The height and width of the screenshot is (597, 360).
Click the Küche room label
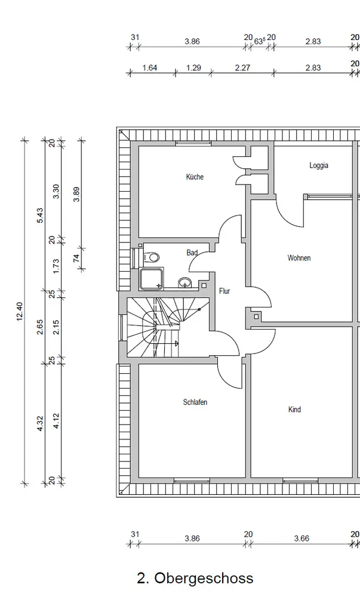[195, 177]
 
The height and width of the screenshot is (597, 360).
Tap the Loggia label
[319, 165]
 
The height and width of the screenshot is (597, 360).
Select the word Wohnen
[299, 258]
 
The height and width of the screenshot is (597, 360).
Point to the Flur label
[224, 291]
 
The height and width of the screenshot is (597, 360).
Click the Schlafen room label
[195, 402]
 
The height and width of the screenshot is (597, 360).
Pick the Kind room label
[294, 410]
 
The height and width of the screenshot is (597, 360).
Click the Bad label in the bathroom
[192, 253]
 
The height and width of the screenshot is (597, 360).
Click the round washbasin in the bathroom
[186, 282]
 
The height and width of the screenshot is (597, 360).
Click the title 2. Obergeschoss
[195, 578]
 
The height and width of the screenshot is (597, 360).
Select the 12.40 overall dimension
[20, 312]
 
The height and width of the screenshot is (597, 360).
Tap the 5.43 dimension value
[40, 215]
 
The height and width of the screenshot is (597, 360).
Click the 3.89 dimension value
[76, 195]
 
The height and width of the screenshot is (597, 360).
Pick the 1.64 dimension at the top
[150, 67]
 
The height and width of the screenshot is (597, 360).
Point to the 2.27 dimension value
[242, 67]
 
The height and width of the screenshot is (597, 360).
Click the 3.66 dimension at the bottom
[302, 538]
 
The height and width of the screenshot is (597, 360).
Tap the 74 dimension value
[76, 258]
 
